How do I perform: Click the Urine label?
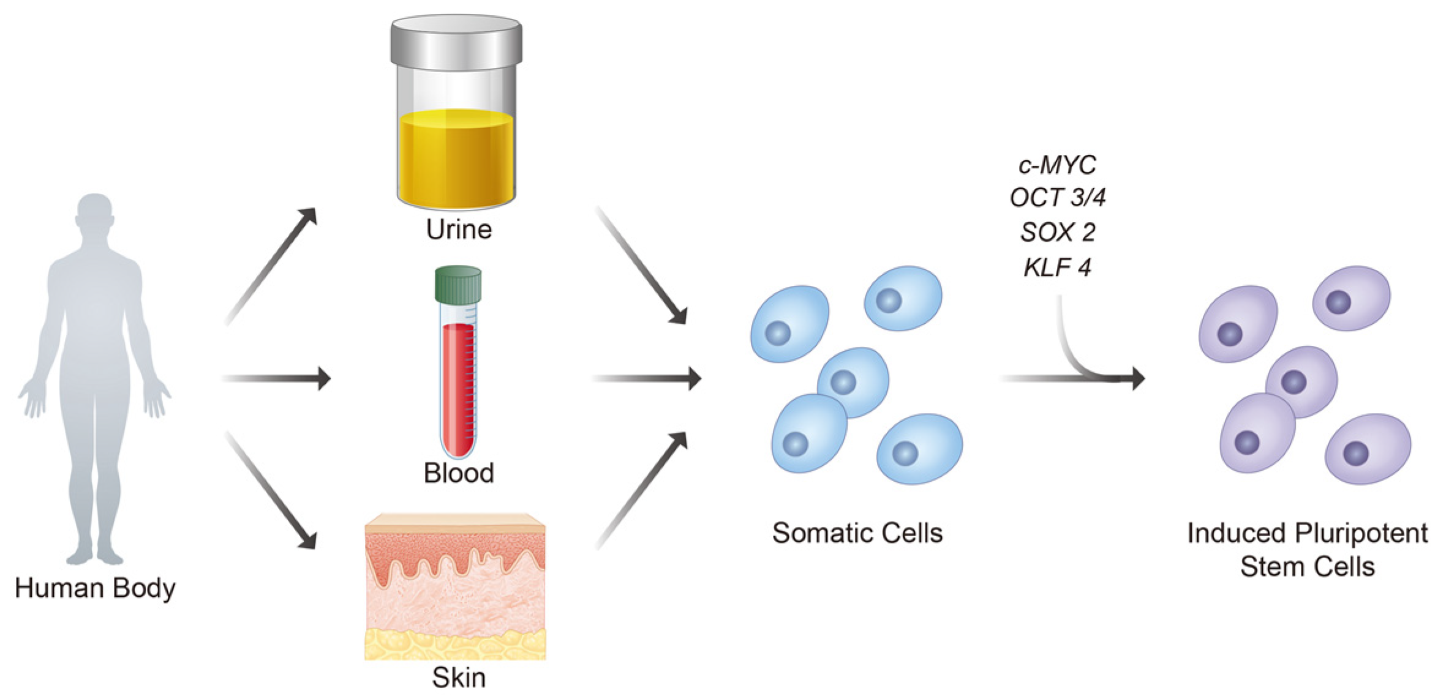[x=459, y=230]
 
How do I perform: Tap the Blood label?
[x=459, y=473]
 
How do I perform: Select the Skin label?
[x=459, y=678]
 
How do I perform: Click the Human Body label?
[x=95, y=588]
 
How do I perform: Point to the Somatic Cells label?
[x=857, y=533]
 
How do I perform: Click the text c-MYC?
[x=1057, y=165]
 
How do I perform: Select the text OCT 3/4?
[x=1057, y=198]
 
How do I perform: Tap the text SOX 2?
[x=1057, y=232]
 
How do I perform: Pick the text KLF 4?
[x=1057, y=267]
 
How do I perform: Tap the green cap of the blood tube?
[x=458, y=284]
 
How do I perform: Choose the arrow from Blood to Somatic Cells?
[x=647, y=379]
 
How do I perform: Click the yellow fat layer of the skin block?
[x=455, y=645]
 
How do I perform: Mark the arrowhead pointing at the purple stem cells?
[x=1138, y=379]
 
